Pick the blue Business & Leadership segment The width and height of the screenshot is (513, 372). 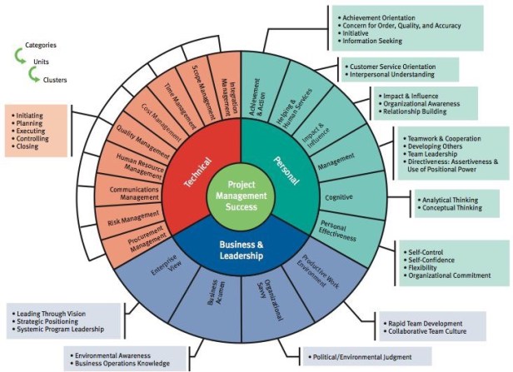coord(241,250)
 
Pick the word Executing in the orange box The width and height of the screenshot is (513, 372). coord(32,131)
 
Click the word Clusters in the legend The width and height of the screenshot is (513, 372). coord(55,80)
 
